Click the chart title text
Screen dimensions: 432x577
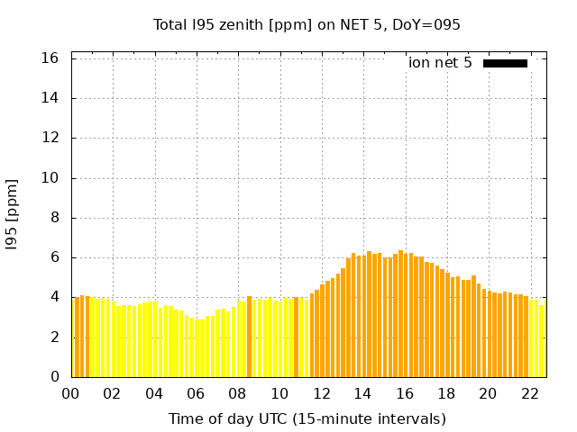pyautogui.click(x=307, y=24)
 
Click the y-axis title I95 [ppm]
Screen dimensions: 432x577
pyautogui.click(x=12, y=214)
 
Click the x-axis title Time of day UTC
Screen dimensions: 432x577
pyautogui.click(x=307, y=418)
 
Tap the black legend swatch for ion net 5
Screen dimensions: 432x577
pyautogui.click(x=505, y=63)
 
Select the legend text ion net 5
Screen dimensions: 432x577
pyautogui.click(x=440, y=63)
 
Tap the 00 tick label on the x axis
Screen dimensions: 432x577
pyautogui.click(x=71, y=394)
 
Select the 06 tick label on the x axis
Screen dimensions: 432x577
pyautogui.click(x=196, y=394)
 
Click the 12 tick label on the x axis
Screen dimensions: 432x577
pyautogui.click(x=321, y=394)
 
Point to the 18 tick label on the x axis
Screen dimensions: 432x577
pyautogui.click(x=446, y=394)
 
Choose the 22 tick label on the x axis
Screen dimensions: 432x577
pyautogui.click(x=529, y=394)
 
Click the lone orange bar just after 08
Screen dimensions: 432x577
pyautogui.click(x=250, y=337)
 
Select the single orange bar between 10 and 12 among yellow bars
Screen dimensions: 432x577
pyautogui.click(x=296, y=337)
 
